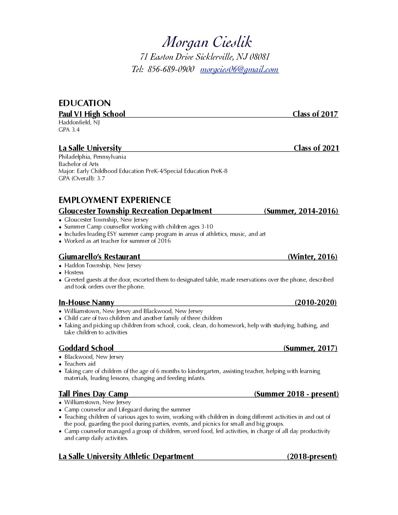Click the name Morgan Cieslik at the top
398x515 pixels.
[207, 42]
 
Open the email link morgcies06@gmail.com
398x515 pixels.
[239, 69]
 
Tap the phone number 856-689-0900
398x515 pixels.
[171, 69]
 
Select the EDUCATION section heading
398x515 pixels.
[85, 103]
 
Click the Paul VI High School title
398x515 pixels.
[92, 114]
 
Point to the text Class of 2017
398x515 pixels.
[315, 114]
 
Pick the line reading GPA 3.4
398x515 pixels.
[69, 130]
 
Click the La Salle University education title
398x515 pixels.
[90, 148]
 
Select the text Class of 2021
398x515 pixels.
[316, 148]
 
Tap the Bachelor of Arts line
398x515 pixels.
[79, 164]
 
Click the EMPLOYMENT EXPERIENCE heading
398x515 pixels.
[114, 200]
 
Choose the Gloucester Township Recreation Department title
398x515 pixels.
[135, 211]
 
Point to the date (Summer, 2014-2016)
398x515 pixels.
[301, 211]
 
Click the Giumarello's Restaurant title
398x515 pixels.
[99, 257]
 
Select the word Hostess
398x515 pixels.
[74, 272]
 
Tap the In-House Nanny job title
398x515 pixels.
[86, 302]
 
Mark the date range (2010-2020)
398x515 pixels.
[316, 302]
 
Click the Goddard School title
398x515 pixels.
[86, 348]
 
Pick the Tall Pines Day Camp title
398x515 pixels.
[93, 394]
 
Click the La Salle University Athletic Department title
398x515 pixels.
[126, 456]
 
